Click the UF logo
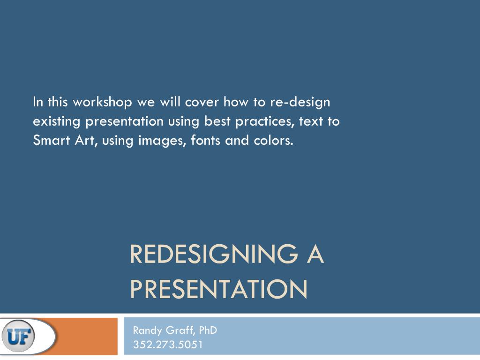pos(18,336)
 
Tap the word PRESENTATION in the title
pos(218,289)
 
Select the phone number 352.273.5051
pos(168,345)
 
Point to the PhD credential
pos(208,330)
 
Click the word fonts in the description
pos(206,140)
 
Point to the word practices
pos(265,121)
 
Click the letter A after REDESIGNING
pos(315,255)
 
